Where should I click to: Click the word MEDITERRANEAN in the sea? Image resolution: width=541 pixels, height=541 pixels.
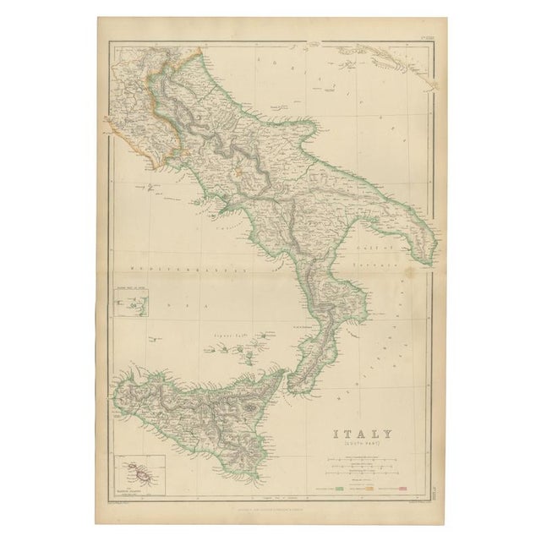[178, 267]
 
